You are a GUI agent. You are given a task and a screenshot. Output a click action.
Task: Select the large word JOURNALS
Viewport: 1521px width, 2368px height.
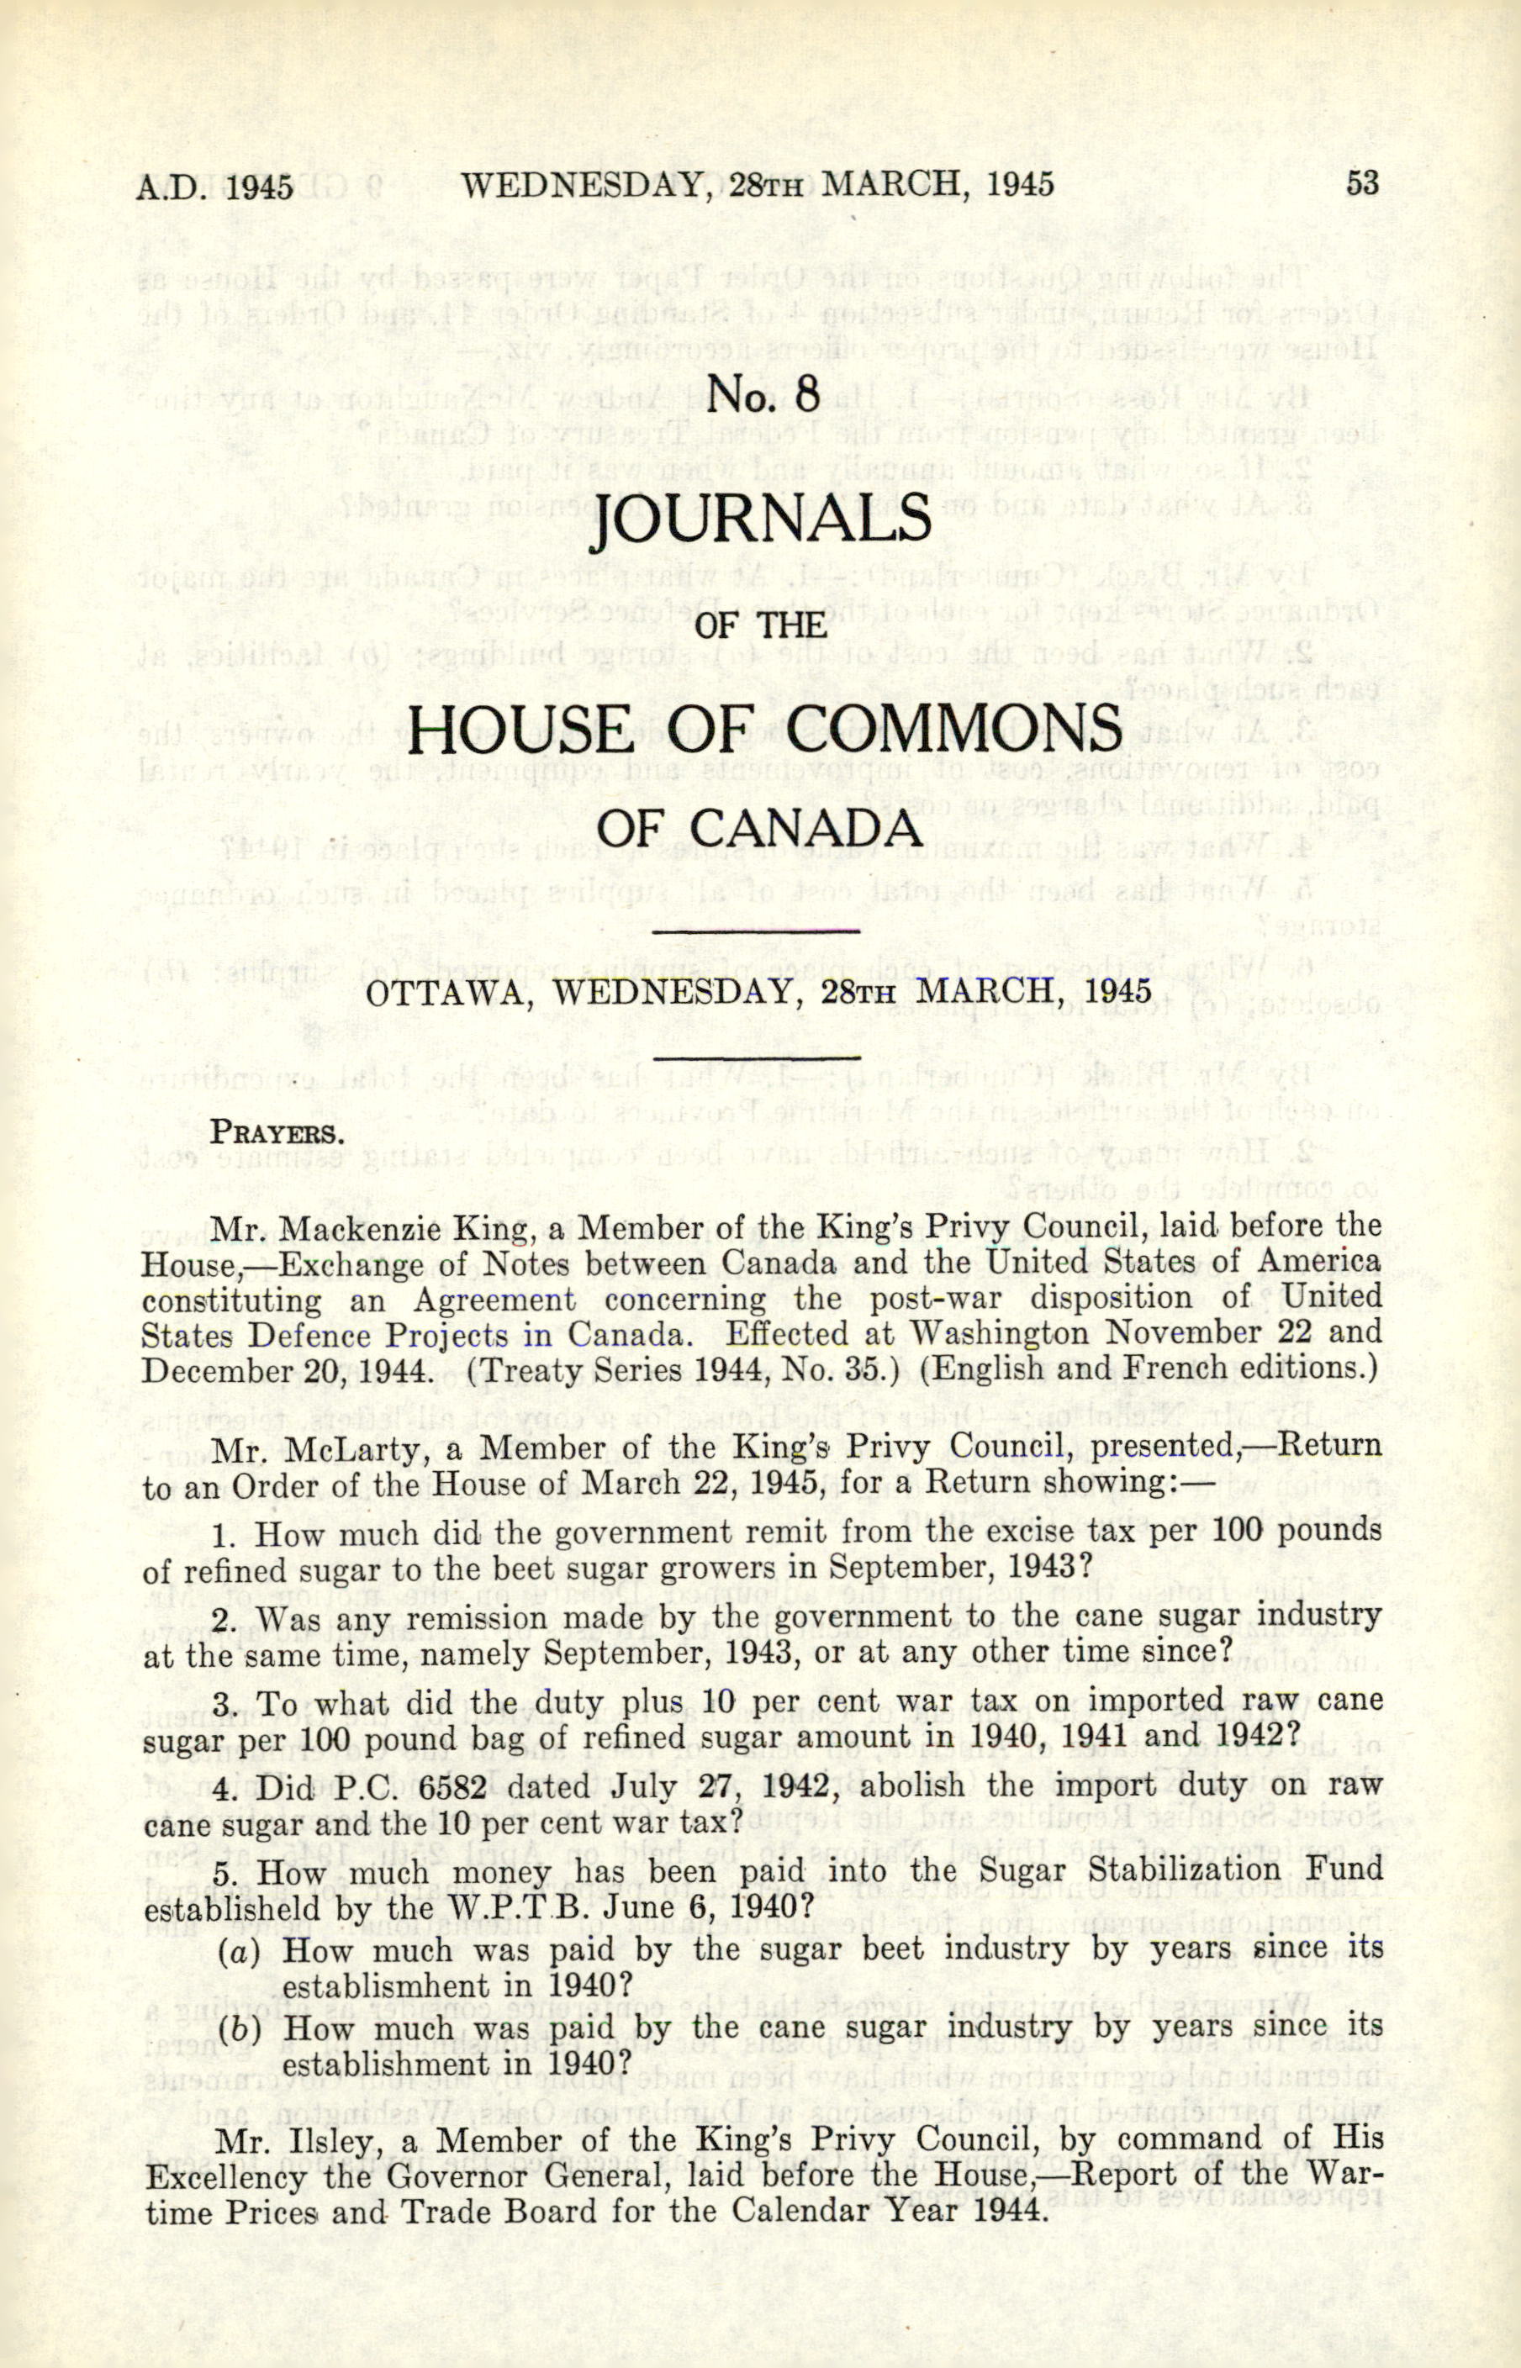point(760,521)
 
